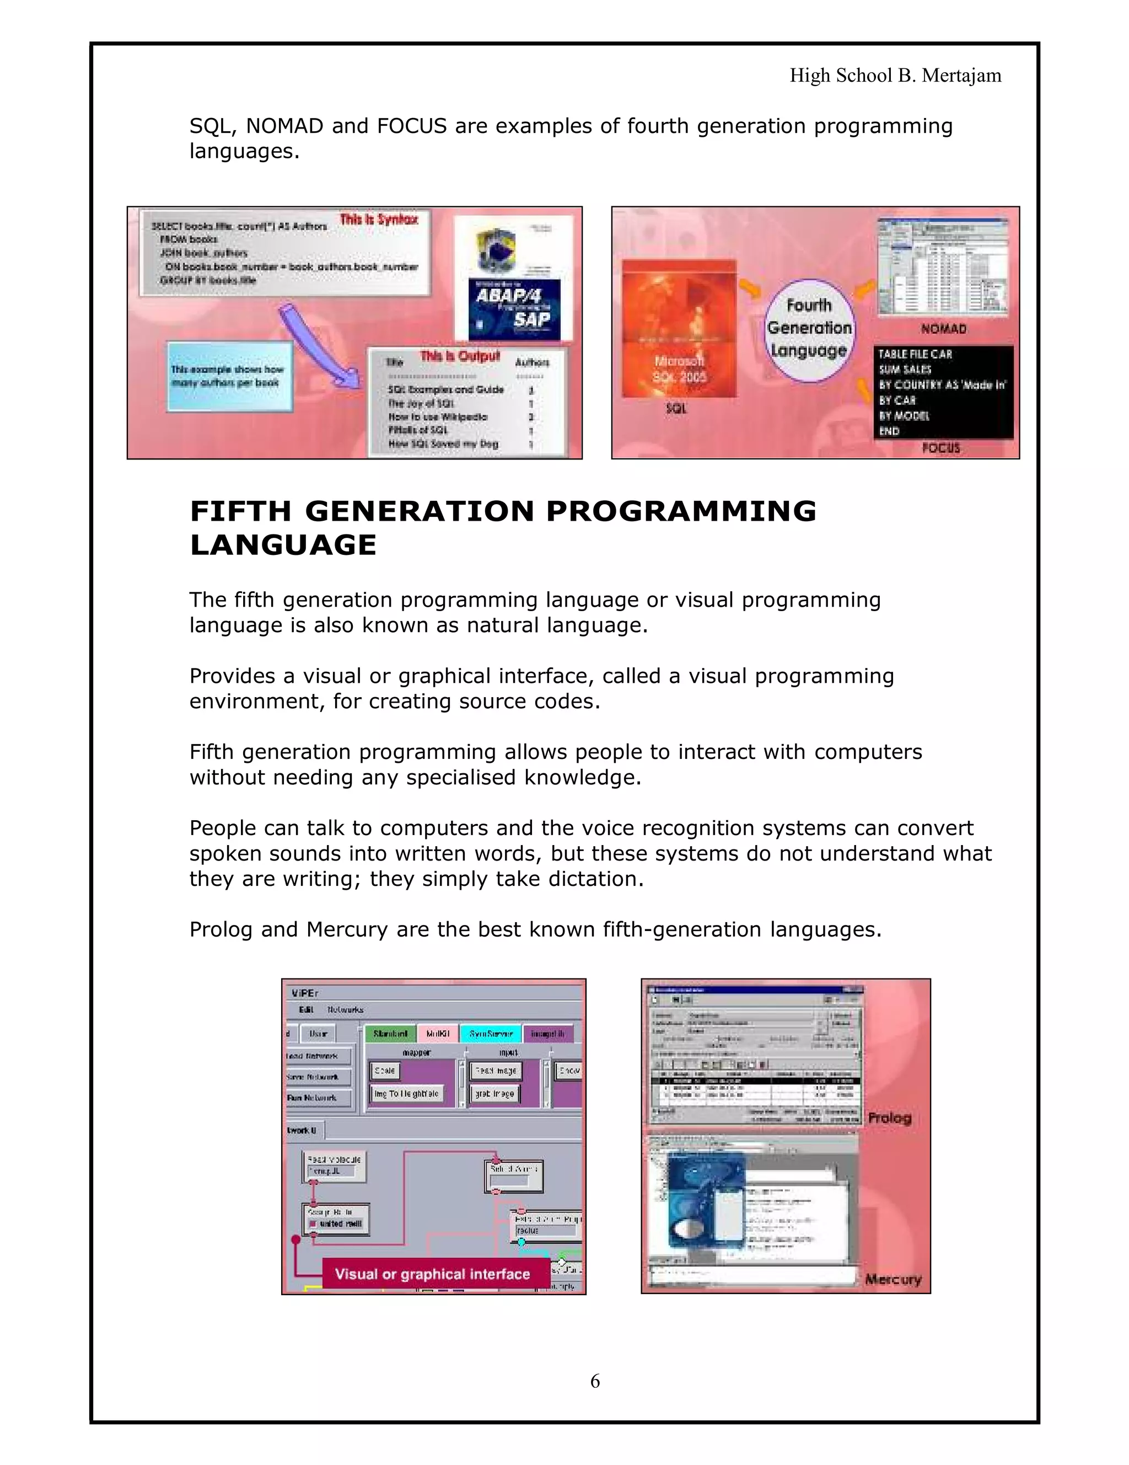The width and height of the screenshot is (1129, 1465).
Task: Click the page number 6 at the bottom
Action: pos(595,1381)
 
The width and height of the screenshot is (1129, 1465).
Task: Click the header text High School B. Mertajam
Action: pos(895,75)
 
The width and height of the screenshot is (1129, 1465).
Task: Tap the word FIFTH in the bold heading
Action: pos(241,511)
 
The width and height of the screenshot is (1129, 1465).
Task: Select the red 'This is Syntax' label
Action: pos(379,220)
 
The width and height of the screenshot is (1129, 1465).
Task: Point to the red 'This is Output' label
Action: pos(460,356)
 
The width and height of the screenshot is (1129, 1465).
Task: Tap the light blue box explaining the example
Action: pos(229,376)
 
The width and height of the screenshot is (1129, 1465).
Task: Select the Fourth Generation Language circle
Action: pos(809,329)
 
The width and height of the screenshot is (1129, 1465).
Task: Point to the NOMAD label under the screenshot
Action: pos(943,329)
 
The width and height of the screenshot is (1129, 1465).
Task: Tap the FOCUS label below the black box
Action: pos(940,447)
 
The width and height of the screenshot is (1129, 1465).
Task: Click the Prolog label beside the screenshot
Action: pos(890,1118)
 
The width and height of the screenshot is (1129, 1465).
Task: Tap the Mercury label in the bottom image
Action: pos(893,1279)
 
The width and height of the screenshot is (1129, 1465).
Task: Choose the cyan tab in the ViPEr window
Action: pos(491,1034)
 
